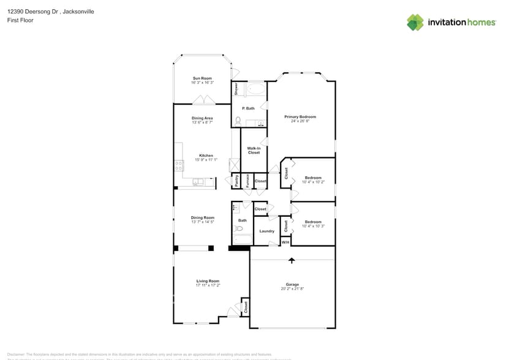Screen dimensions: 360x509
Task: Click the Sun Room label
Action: (202, 78)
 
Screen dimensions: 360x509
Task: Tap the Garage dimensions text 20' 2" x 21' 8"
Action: (292, 289)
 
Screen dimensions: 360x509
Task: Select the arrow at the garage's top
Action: (292, 260)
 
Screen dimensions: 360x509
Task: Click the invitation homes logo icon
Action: (415, 23)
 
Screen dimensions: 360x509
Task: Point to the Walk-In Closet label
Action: (254, 150)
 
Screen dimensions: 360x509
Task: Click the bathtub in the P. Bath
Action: (256, 90)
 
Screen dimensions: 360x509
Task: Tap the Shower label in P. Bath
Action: (236, 89)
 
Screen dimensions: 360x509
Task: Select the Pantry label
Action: (236, 181)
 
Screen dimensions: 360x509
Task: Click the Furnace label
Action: (247, 181)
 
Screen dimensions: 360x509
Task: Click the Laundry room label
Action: (266, 231)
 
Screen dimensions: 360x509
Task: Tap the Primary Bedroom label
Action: (300, 116)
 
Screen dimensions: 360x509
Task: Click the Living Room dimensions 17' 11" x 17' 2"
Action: (208, 285)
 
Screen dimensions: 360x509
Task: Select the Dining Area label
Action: (202, 118)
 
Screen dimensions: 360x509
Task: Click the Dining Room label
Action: (202, 217)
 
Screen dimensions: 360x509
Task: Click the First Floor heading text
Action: (20, 20)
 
